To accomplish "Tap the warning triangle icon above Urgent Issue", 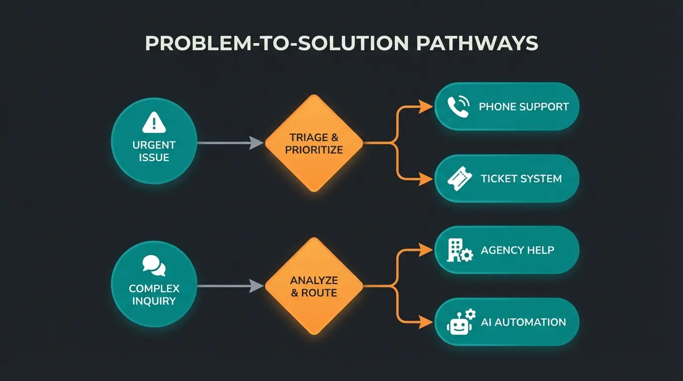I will [154, 122].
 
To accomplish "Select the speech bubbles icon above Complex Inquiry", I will [154, 265].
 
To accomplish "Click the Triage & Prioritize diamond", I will [314, 143].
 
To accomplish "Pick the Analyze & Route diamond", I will [314, 287].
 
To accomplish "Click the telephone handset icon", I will [458, 107].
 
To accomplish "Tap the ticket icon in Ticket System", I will [458, 179].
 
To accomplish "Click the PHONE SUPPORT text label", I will [524, 107].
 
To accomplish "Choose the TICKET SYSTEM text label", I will [521, 179].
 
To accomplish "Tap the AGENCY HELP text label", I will [517, 250].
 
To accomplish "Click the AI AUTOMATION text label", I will [523, 322].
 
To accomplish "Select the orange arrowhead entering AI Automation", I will [426, 322].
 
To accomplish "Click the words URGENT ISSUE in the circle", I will [154, 151].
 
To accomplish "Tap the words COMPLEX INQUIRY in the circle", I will [154, 295].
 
